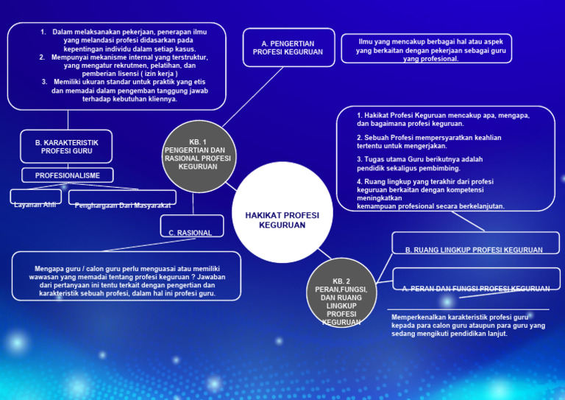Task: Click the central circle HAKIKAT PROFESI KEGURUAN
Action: point(282,212)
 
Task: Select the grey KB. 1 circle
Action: point(199,156)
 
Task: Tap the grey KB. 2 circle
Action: point(341,293)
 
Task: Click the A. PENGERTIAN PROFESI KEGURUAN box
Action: point(288,48)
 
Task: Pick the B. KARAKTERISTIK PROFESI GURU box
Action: point(66,147)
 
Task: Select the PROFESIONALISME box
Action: point(68,175)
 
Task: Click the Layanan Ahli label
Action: point(35,205)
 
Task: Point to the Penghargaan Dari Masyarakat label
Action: point(123,206)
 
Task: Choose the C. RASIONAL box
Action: point(192,226)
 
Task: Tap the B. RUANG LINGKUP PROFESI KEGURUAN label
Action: point(474,250)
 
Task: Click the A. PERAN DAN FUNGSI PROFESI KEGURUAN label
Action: point(476,288)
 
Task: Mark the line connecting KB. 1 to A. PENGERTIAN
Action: point(253,97)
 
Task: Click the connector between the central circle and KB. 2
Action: point(324,253)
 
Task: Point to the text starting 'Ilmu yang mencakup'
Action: point(430,50)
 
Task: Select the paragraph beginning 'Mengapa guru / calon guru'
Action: point(127,281)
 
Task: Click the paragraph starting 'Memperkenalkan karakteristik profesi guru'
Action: point(468,326)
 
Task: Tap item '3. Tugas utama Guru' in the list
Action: point(420,164)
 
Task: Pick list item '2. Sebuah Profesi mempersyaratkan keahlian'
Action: point(429,141)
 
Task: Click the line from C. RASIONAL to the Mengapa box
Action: point(149,245)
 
